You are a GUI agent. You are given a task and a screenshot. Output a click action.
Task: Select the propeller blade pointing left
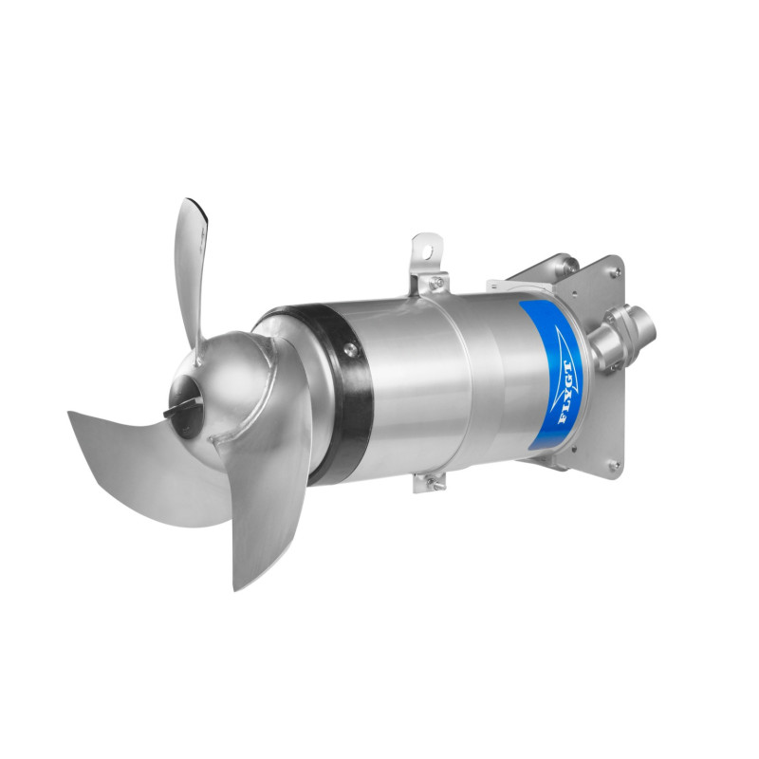point(140,466)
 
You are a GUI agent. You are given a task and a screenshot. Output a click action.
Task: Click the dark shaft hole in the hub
point(184,400)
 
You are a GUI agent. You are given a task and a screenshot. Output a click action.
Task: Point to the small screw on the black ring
point(349,347)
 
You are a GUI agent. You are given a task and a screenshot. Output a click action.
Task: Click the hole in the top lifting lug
point(428,250)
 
